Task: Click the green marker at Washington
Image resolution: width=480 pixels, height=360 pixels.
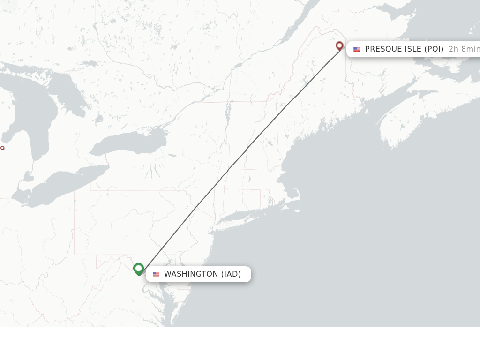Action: (138, 269)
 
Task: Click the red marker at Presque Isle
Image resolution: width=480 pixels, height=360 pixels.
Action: (340, 46)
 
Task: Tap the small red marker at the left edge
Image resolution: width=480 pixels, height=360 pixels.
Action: (2, 148)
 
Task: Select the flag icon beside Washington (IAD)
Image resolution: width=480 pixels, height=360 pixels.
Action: (156, 274)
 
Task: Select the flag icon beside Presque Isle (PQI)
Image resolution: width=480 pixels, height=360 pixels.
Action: (357, 49)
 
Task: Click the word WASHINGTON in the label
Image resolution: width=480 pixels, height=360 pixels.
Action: (191, 274)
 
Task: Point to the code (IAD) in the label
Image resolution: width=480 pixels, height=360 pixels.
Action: (231, 274)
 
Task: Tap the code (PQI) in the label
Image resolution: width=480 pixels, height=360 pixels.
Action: (434, 49)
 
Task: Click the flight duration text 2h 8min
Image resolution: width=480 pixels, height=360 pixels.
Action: (464, 49)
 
